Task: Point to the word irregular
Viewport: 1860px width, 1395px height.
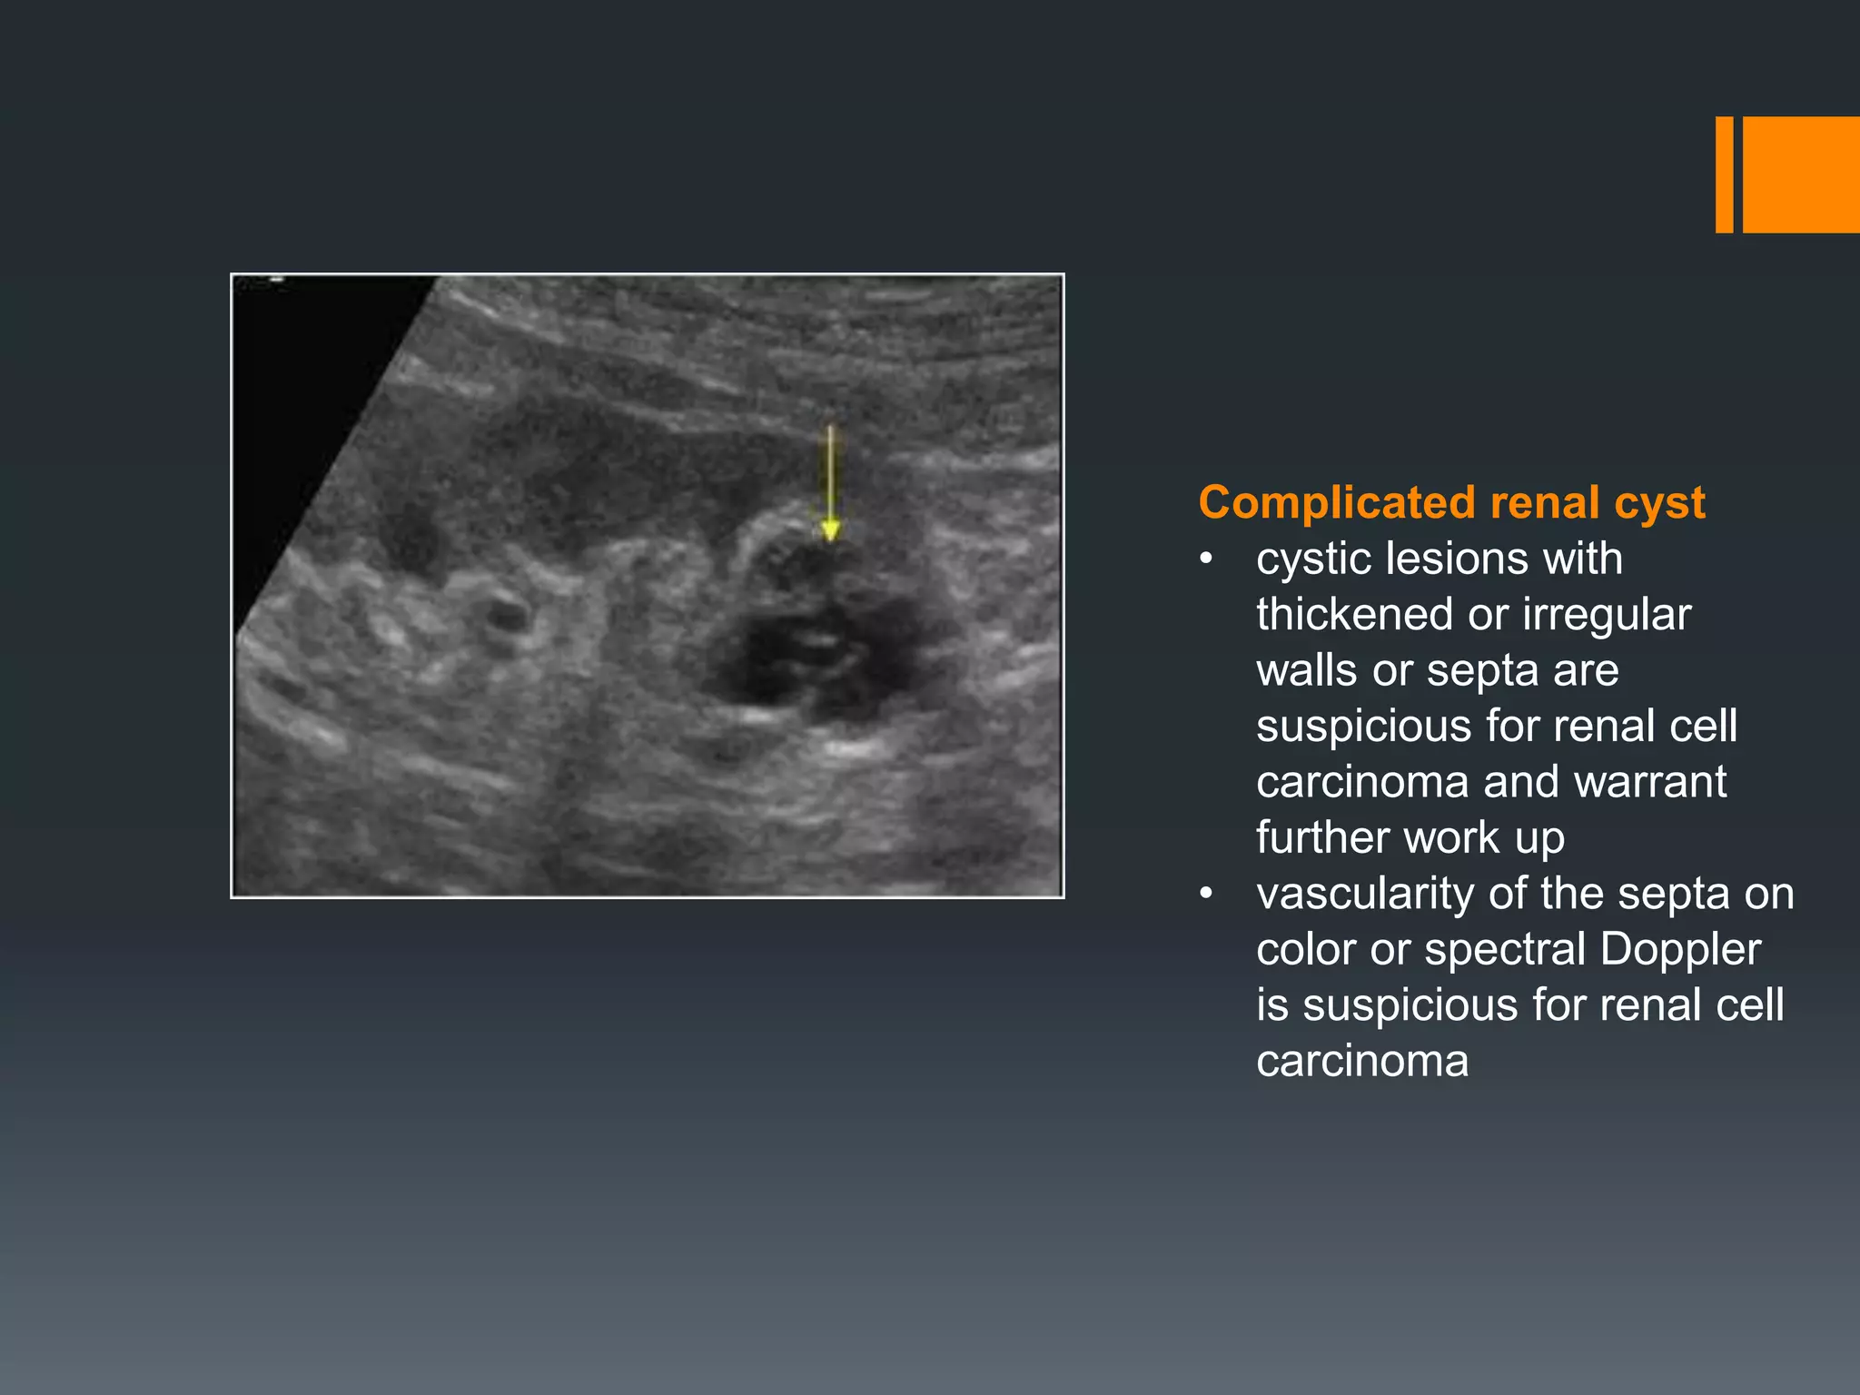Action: pos(1607,615)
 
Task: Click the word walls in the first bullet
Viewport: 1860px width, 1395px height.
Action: pos(1307,671)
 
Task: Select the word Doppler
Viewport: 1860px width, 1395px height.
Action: pos(1680,950)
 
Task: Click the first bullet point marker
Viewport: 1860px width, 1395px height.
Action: pos(1206,559)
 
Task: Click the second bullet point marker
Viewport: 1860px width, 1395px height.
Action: pos(1206,895)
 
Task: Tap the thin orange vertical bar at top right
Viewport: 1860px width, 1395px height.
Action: pos(1724,174)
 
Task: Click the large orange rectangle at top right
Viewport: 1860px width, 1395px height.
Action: pos(1801,174)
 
